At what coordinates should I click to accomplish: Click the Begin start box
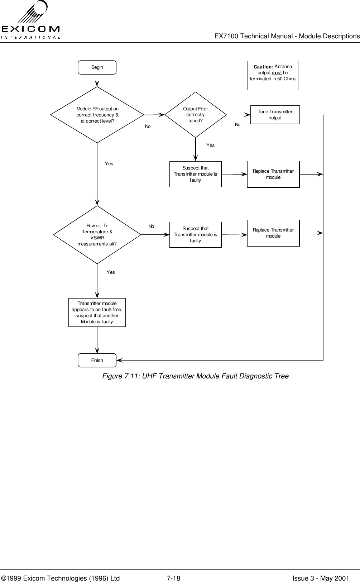pyautogui.click(x=97, y=67)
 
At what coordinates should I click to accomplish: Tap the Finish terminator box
pyautogui.click(x=97, y=360)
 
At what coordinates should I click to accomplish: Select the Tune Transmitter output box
pyautogui.click(x=275, y=115)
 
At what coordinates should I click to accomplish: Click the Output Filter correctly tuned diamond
pyautogui.click(x=196, y=115)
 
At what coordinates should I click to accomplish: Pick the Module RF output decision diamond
pyautogui.click(x=97, y=115)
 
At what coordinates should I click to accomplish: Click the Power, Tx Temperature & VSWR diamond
pyautogui.click(x=97, y=235)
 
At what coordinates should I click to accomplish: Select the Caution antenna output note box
pyautogui.click(x=273, y=75)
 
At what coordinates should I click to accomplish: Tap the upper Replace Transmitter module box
pyautogui.click(x=273, y=174)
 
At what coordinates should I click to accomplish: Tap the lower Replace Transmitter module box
pyautogui.click(x=273, y=233)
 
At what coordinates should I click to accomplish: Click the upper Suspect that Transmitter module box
pyautogui.click(x=195, y=174)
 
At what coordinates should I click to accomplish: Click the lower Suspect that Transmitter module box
pyautogui.click(x=195, y=235)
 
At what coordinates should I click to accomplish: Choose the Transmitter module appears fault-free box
pyautogui.click(x=97, y=313)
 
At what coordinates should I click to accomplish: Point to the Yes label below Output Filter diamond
pyautogui.click(x=211, y=145)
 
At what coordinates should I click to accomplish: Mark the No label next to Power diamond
pyautogui.click(x=152, y=226)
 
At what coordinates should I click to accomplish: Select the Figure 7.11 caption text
pyautogui.click(x=195, y=376)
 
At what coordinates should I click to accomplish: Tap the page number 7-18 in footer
pyautogui.click(x=174, y=568)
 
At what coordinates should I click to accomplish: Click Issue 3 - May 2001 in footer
pyautogui.click(x=321, y=568)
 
